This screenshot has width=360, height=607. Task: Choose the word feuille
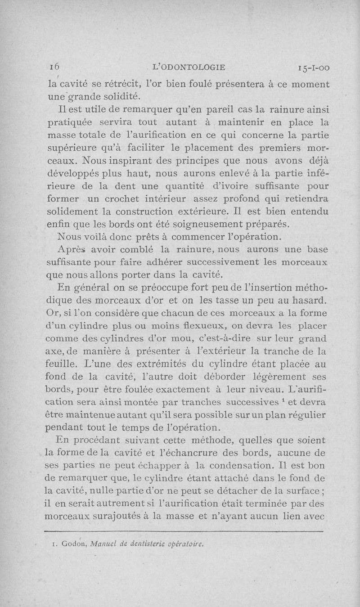click(61, 363)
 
